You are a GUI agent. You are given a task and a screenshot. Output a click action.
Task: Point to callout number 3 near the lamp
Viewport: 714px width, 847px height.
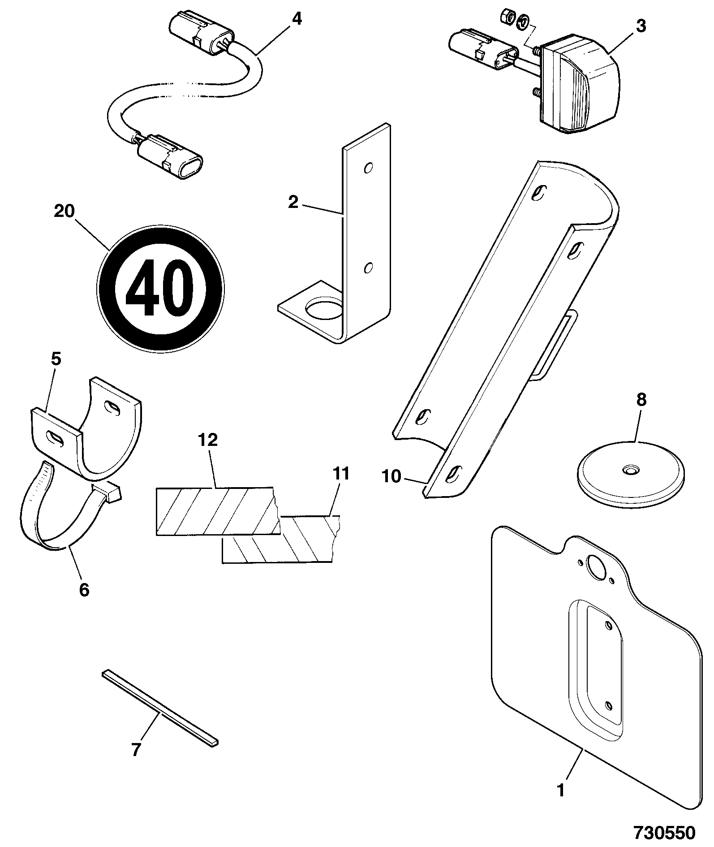641,26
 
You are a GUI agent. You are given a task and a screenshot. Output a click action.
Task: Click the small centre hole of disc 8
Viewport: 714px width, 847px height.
632,470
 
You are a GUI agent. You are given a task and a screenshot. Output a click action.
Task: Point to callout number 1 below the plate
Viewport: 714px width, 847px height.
561,790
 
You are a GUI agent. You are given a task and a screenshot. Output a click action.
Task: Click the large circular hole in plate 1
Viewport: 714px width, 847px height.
596,567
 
